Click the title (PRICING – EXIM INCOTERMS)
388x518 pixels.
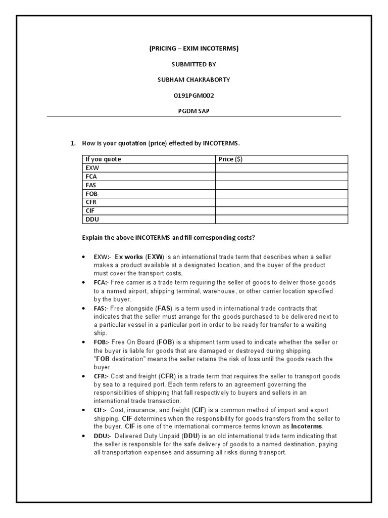tap(193, 49)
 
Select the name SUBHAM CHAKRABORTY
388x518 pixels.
tap(193, 80)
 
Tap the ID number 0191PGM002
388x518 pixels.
tap(193, 96)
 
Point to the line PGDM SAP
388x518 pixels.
tap(193, 111)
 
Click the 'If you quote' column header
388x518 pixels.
tap(103, 159)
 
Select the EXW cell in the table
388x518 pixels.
tap(92, 168)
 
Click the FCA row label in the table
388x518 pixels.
tap(92, 177)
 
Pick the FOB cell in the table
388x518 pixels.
tap(92, 194)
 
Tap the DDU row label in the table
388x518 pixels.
tap(92, 220)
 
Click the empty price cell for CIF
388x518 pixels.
tap(281, 211)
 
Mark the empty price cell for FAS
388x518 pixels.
tap(281, 185)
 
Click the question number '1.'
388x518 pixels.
tap(73, 143)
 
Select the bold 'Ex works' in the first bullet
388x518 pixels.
tap(129, 257)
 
